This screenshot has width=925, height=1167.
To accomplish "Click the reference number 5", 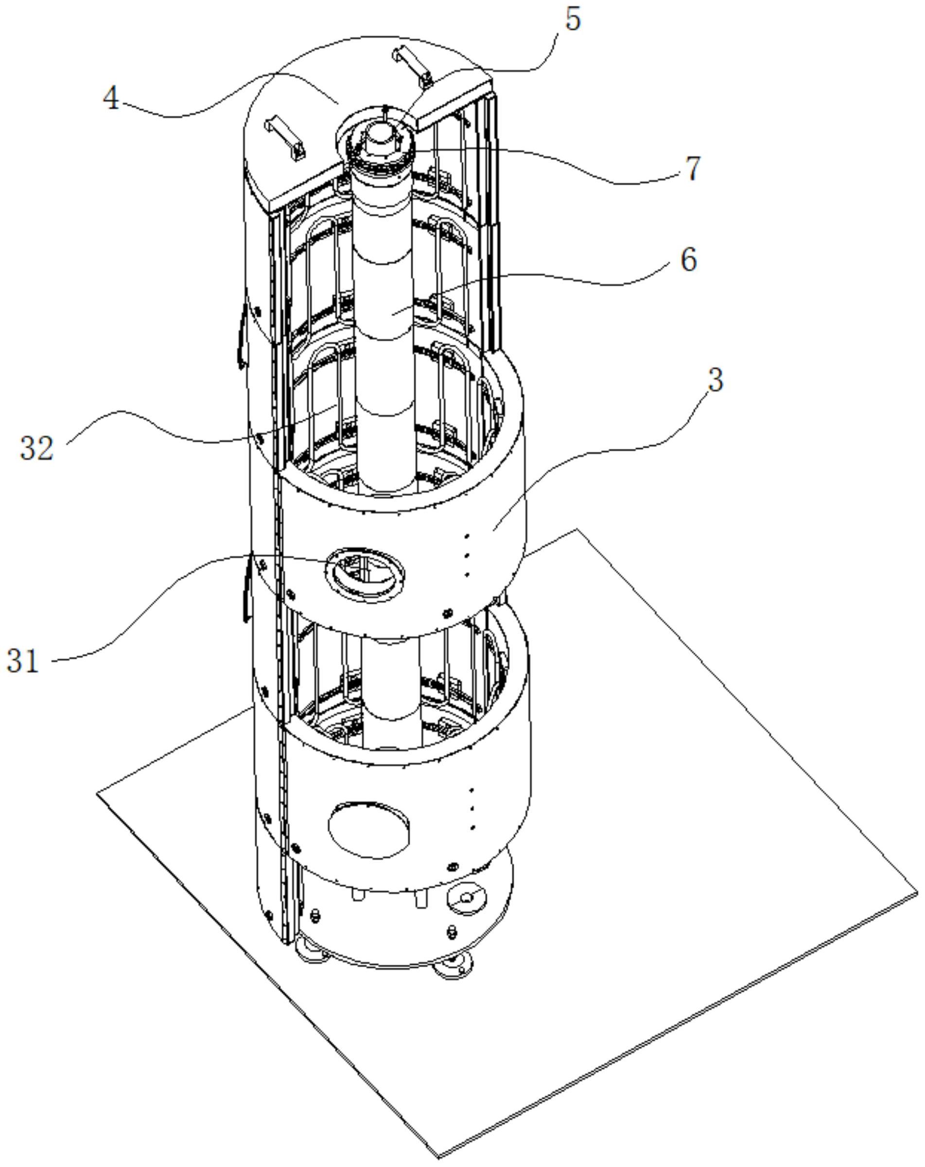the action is pyautogui.click(x=573, y=19).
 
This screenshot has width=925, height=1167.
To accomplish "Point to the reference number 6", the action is pyautogui.click(x=688, y=260).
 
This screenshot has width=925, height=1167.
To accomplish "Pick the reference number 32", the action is pyautogui.click(x=37, y=448).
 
